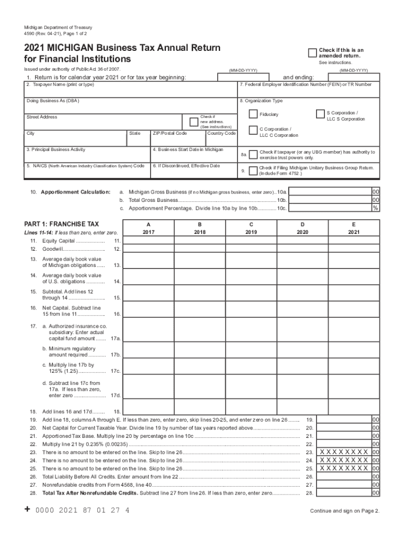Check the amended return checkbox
[x=312, y=52]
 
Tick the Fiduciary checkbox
[x=253, y=114]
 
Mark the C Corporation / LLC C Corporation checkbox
[x=253, y=131]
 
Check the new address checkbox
[x=194, y=122]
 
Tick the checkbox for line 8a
[x=253, y=154]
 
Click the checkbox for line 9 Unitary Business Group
[x=253, y=170]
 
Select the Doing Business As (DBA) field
[x=131, y=105]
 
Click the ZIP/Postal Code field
[x=177, y=141]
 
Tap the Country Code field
[x=221, y=141]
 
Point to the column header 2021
[x=354, y=231]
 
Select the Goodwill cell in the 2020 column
[x=303, y=249]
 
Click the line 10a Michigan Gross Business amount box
[x=330, y=192]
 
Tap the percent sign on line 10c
[x=375, y=208]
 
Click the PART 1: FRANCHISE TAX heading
[x=61, y=224]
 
